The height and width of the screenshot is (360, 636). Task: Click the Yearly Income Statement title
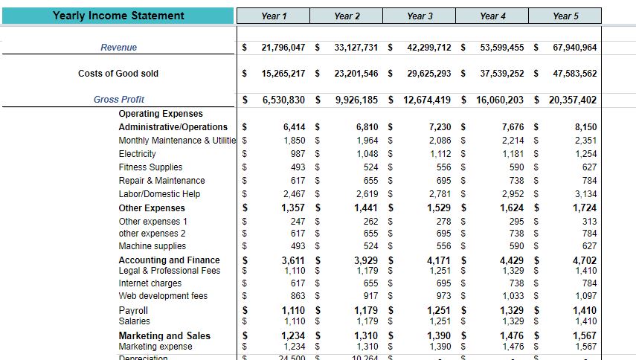(x=118, y=16)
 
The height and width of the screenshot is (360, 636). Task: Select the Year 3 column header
(x=420, y=16)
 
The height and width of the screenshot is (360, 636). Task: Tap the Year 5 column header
(x=565, y=16)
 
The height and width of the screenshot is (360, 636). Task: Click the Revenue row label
(x=119, y=48)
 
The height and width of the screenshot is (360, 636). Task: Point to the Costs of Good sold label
(x=118, y=74)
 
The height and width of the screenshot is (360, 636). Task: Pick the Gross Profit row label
(x=119, y=100)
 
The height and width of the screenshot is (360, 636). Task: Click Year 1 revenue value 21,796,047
(x=283, y=48)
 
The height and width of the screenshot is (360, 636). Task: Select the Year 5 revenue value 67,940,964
(x=575, y=48)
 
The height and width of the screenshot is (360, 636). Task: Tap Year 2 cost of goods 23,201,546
(x=356, y=74)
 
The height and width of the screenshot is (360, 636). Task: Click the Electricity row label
(x=138, y=154)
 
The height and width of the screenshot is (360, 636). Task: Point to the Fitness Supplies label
(x=151, y=167)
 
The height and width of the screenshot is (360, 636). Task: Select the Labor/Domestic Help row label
(x=159, y=194)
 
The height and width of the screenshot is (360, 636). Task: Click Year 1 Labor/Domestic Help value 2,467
(x=295, y=194)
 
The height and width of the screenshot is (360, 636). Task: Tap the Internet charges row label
(x=150, y=283)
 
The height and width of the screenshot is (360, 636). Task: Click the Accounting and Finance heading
(x=170, y=260)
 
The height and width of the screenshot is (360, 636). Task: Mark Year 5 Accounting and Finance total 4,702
(x=585, y=260)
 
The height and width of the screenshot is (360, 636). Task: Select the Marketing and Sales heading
(x=164, y=336)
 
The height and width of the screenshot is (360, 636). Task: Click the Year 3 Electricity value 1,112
(x=439, y=154)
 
